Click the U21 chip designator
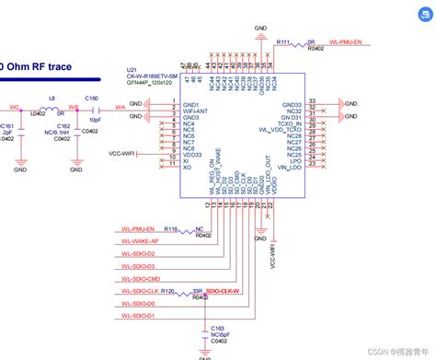click(132, 70)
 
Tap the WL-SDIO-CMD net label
click(141, 278)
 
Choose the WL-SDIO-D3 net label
click(139, 266)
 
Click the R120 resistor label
click(167, 290)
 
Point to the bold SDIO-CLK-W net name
click(223, 291)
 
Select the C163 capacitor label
click(218, 328)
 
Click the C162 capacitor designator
click(63, 125)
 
